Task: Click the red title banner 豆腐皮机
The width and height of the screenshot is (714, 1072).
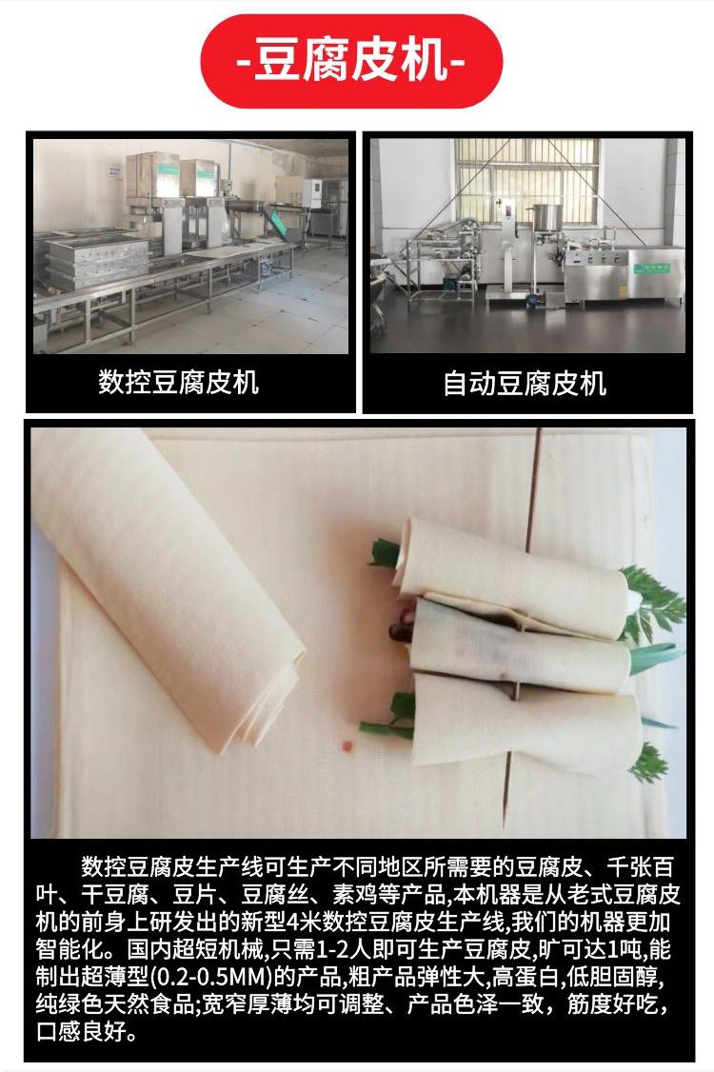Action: [351, 61]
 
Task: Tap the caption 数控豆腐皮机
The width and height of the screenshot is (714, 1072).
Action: [179, 382]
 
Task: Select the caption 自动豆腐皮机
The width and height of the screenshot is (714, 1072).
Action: [526, 384]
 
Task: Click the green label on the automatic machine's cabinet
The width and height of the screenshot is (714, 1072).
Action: [651, 268]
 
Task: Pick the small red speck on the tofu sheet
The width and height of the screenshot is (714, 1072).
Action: [347, 744]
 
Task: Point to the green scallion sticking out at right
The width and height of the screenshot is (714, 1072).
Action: [658, 656]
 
